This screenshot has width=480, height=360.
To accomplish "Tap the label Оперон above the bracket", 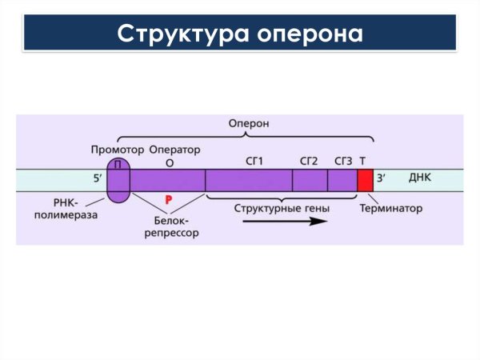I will (249, 124).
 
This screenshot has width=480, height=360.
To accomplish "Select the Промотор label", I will (118, 150).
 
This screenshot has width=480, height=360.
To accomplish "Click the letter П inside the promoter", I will (118, 164).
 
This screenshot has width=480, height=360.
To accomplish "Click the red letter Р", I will (169, 198).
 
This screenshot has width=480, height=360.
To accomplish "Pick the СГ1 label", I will (254, 161).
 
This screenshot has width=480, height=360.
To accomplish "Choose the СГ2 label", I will (309, 161).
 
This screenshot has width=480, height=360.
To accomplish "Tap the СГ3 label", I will (343, 161).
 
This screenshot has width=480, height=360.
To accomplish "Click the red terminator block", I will (365, 180).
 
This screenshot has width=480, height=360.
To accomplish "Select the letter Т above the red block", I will (363, 161).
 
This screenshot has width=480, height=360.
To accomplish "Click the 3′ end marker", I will (382, 179).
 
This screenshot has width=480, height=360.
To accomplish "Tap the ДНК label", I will (419, 178).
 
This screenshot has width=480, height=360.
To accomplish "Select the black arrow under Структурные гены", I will (285, 221).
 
